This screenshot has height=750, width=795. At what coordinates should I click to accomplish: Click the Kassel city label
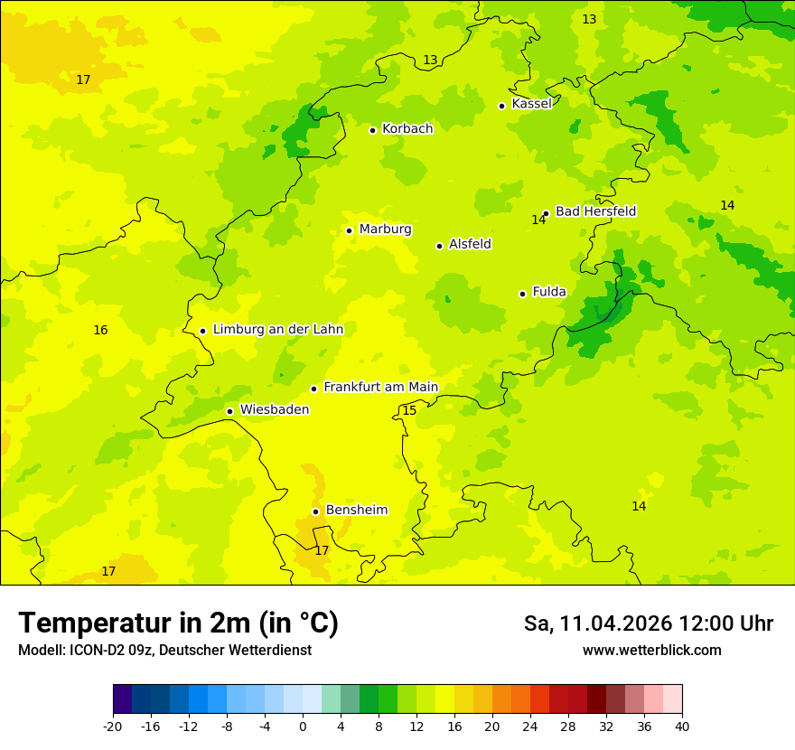(531, 104)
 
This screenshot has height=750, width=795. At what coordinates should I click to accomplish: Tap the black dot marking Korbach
(372, 130)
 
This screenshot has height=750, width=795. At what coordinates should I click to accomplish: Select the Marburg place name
(385, 230)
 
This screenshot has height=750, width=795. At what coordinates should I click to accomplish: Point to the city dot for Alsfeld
(440, 246)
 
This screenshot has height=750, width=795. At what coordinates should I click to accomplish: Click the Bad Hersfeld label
(595, 211)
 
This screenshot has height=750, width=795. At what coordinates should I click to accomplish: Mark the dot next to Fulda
(523, 294)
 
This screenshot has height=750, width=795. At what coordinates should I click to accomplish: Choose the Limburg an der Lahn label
(278, 330)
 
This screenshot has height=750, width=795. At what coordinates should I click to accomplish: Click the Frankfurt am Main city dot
(314, 389)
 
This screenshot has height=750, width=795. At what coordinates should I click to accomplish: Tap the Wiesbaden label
(275, 410)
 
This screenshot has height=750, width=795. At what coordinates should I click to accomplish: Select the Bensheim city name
(357, 511)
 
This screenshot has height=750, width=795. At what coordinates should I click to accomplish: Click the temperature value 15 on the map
(409, 411)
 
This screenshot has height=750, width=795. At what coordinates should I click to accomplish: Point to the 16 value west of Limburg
(100, 331)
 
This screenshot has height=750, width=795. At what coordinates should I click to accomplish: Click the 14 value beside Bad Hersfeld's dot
(538, 220)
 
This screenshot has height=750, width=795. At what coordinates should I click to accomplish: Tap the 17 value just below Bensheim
(322, 550)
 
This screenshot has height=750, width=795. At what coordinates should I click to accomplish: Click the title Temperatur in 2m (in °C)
(178, 623)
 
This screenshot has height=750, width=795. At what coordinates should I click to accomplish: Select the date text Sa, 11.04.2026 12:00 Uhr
(648, 623)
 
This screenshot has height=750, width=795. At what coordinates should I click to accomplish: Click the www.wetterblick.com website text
(651, 651)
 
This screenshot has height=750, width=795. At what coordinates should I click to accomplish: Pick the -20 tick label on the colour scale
(113, 727)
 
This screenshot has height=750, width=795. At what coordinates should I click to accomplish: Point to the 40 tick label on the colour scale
(682, 727)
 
